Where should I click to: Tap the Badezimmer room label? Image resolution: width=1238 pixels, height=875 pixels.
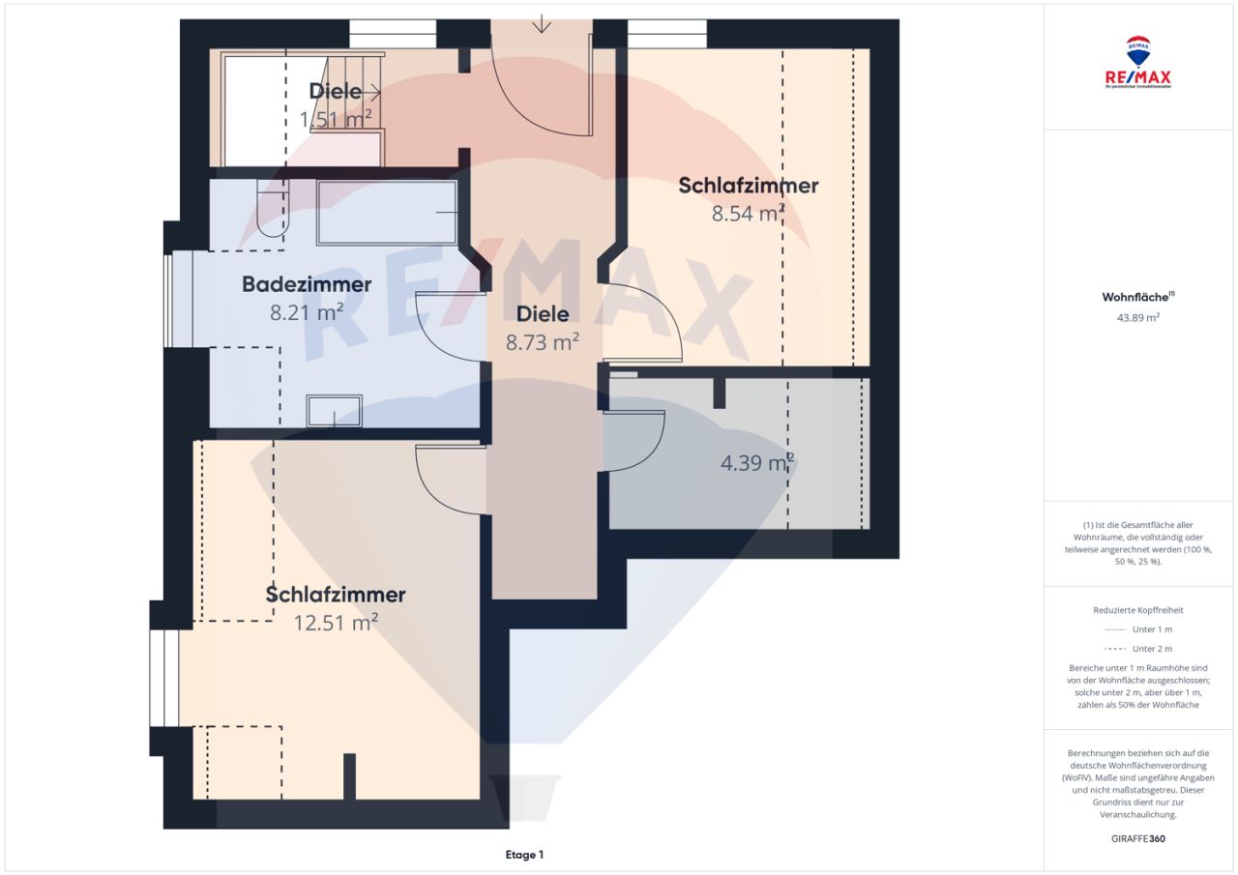click(307, 285)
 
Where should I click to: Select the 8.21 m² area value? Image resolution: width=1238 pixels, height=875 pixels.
click(307, 312)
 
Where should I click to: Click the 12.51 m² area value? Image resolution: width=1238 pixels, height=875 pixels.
click(336, 624)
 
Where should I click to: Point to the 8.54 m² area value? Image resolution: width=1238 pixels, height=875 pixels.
click(748, 214)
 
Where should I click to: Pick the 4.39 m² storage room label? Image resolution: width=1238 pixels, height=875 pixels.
click(757, 463)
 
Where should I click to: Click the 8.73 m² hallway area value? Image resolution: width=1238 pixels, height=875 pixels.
click(542, 341)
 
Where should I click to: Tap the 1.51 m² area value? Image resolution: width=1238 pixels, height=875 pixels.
click(336, 120)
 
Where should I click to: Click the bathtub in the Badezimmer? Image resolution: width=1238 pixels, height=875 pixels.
click(387, 212)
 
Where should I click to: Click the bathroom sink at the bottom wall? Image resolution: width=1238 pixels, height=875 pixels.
click(335, 411)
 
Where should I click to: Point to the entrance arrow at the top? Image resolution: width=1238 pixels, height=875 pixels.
click(543, 23)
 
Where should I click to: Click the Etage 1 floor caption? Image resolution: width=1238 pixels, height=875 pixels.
click(524, 855)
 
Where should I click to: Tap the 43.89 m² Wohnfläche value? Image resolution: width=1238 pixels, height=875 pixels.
click(1138, 316)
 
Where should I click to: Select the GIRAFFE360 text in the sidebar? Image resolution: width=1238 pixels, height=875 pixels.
click(1138, 838)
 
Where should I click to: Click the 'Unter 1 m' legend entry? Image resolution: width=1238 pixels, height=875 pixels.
click(1138, 629)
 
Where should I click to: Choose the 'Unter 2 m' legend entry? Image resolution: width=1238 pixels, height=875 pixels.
click(1138, 649)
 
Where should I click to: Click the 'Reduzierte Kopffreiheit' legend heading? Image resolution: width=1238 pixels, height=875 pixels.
click(1138, 610)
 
